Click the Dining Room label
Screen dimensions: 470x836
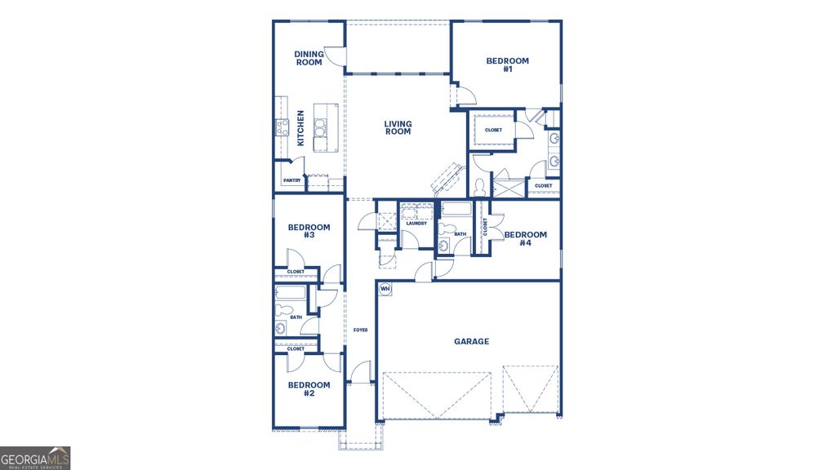309,58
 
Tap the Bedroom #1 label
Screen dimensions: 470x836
507,64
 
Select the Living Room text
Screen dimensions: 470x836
398,127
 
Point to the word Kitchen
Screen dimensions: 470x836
300,128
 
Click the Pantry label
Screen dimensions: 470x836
291,180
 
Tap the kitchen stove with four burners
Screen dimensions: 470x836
282,126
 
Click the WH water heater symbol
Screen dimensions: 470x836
385,288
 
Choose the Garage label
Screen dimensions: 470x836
471,341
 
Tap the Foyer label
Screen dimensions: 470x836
360,330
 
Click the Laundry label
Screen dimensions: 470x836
416,223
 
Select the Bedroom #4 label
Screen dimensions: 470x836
525,238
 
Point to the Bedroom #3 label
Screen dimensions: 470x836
309,231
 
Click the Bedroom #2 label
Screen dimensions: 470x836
309,388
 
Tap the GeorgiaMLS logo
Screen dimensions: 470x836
35,458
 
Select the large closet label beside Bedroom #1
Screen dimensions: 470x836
493,130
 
